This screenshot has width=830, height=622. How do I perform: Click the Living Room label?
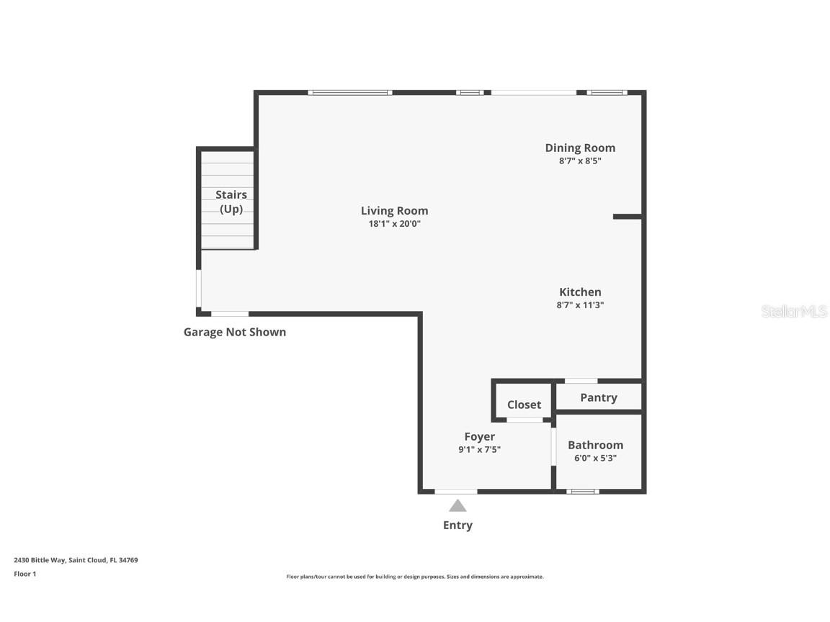[x=394, y=211]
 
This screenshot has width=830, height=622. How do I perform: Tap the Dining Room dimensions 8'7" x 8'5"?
[x=580, y=161]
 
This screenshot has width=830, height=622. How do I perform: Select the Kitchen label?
[x=580, y=292]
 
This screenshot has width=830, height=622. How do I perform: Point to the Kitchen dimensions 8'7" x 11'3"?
[x=580, y=305]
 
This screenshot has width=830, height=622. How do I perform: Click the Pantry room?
[x=598, y=397]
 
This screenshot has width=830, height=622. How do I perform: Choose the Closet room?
[x=524, y=405]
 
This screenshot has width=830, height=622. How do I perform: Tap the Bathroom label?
[x=595, y=445]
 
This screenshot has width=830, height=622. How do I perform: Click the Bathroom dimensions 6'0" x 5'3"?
[x=595, y=458]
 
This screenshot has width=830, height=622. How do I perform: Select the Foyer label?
[x=479, y=436]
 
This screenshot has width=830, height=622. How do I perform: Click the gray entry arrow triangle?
[x=458, y=506]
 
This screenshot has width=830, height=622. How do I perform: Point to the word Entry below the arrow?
[x=458, y=526]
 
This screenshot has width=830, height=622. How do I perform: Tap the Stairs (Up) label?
[x=231, y=202]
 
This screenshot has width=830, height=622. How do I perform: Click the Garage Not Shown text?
[x=235, y=332]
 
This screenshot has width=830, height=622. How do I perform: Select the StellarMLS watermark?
[x=794, y=312]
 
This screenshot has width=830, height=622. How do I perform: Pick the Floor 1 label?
[x=24, y=574]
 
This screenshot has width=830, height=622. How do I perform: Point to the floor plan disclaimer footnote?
[x=415, y=577]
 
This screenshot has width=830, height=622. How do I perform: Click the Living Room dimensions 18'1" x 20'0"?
[x=394, y=224]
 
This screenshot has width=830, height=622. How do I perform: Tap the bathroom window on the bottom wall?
[x=582, y=492]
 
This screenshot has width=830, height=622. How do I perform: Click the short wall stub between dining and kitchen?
[x=627, y=216]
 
